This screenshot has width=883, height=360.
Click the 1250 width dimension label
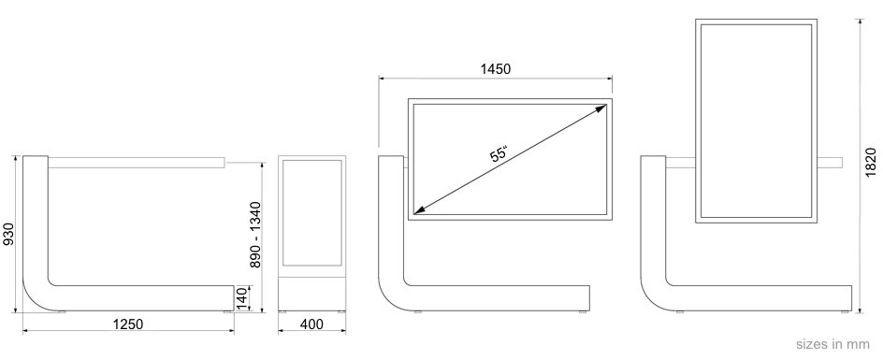(x=128, y=324)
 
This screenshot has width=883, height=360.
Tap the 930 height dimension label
(x=8, y=235)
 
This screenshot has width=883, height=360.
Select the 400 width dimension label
(x=312, y=324)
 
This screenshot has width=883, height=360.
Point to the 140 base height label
(x=242, y=297)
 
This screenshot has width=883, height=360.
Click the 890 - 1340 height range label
(x=255, y=235)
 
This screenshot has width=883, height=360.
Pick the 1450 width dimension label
(x=496, y=69)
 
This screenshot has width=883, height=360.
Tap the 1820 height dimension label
(x=871, y=163)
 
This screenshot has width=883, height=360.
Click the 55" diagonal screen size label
(x=499, y=153)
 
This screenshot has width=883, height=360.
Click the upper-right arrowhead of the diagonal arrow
(x=602, y=108)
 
